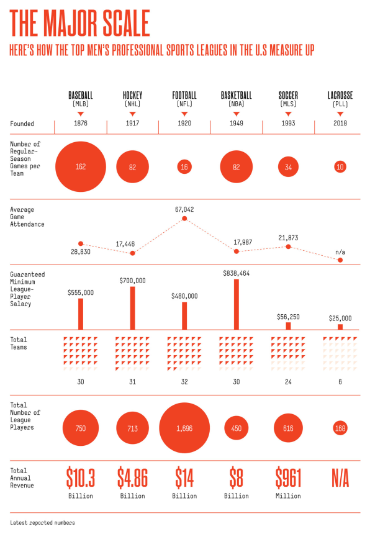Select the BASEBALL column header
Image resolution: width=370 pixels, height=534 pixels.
click(80, 95)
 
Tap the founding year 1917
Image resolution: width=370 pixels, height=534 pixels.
click(132, 124)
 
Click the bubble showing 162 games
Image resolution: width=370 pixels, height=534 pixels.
click(81, 167)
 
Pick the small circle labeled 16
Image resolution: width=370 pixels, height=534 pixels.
click(184, 167)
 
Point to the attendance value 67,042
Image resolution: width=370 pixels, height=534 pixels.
click(184, 209)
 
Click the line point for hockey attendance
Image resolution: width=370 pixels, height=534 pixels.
click(133, 253)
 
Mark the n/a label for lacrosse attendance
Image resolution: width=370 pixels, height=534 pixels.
click(340, 252)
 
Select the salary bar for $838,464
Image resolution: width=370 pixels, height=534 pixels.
click(237, 304)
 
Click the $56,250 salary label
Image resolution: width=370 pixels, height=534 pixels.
click(288, 317)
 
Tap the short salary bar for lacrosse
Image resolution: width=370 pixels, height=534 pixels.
click(340, 327)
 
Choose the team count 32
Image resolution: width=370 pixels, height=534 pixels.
click(184, 382)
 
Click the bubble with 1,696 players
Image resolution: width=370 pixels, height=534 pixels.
click(184, 428)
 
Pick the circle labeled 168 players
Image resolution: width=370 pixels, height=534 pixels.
click(340, 428)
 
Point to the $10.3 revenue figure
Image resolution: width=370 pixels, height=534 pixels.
click(81, 478)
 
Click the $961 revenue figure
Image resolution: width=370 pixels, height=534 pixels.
click(288, 478)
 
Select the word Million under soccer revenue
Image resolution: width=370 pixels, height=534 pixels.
click(288, 496)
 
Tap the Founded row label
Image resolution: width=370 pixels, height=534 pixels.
click(22, 124)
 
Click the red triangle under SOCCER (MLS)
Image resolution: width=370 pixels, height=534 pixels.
click(288, 114)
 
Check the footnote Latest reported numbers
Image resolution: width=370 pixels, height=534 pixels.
click(42, 523)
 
